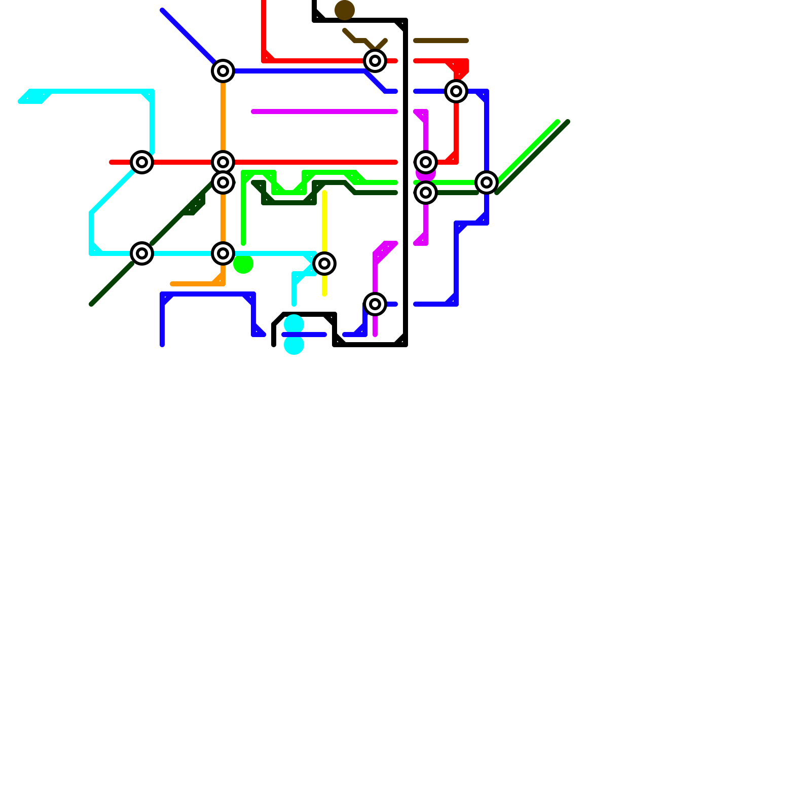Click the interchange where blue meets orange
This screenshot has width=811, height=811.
223,71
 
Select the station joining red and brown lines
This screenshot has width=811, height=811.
375,61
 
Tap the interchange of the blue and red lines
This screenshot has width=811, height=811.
456,91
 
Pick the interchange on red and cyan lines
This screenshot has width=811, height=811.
142,162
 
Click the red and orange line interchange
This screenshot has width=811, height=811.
223,162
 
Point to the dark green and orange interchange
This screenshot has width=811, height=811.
223,182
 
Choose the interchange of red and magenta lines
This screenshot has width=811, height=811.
426,162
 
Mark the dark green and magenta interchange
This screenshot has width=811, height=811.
426,193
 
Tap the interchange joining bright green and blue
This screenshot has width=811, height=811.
487,182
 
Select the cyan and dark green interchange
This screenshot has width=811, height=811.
142,253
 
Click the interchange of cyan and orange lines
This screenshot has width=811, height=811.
223,253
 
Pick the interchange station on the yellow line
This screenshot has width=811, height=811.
324,264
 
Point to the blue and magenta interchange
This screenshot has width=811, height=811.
375,304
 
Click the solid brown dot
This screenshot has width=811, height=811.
345,10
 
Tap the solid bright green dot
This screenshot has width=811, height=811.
243,264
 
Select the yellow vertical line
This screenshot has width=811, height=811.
324,223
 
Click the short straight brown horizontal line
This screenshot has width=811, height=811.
441,41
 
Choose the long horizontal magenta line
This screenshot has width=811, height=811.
324,112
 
